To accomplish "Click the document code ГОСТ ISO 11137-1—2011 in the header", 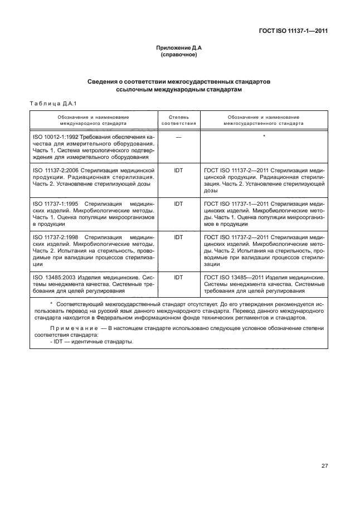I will (293, 32).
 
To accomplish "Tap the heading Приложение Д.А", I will (179, 49).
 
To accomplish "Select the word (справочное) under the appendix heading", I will (179, 56).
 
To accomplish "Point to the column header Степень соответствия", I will (178, 120).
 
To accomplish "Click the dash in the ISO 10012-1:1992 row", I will (178, 137).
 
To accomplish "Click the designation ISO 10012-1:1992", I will (56, 137).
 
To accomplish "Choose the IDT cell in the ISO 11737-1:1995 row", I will (178, 204).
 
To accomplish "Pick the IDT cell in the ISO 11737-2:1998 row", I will (178, 237).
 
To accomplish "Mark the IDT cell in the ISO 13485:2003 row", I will (178, 277).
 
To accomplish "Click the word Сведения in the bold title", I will (104, 82).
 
